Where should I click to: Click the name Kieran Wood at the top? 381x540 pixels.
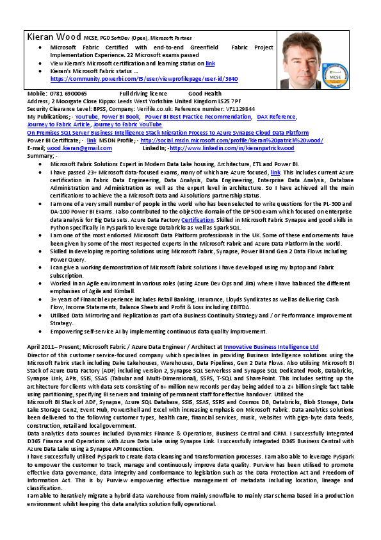click(53, 37)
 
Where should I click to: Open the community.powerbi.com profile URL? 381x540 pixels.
click(144, 79)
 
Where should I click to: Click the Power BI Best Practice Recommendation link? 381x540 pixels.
click(198, 117)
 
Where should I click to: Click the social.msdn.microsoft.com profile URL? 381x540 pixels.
click(232, 140)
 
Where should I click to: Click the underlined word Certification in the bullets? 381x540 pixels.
click(197, 219)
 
